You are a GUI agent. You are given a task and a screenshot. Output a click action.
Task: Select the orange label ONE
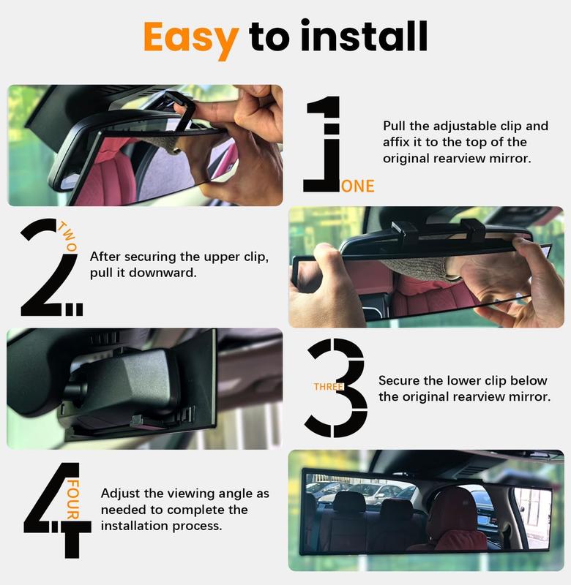point(357,186)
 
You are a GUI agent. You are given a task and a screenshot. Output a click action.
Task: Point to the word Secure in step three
point(399,381)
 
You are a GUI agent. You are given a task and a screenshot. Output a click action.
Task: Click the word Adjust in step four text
point(120,494)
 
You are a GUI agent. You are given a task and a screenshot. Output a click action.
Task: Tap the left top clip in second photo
point(405,230)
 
